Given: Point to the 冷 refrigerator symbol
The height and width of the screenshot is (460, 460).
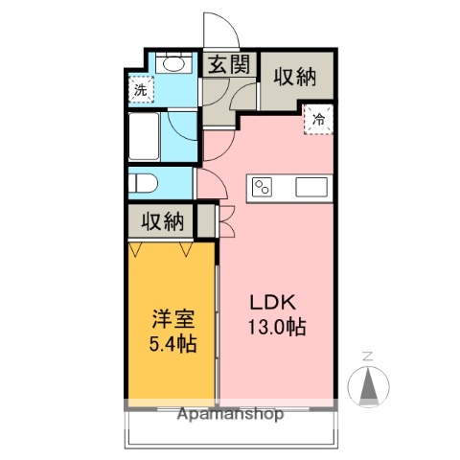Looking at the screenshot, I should coord(318,121).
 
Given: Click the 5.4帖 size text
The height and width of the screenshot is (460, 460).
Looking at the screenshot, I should coord(172,343).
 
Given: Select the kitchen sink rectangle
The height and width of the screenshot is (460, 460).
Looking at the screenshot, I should coord(312,186).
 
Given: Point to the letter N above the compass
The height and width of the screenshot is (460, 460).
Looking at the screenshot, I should coord(368,357).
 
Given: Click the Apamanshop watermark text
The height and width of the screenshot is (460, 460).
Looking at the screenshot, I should coord(231,416).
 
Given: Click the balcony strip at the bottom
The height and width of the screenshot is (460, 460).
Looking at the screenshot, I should coord(230,433).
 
